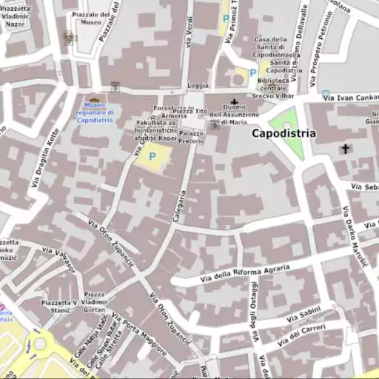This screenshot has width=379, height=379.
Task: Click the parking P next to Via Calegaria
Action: click(152, 156)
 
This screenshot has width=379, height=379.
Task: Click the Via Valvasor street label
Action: click(58, 258)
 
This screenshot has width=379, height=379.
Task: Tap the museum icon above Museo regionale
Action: click(94, 99)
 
